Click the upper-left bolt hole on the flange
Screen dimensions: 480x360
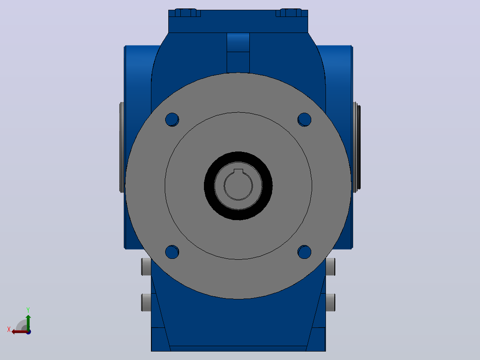click(x=172, y=119)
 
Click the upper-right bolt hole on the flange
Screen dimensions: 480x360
click(x=304, y=119)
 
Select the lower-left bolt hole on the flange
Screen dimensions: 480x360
click(x=172, y=252)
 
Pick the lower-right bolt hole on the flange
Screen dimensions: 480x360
click(x=304, y=252)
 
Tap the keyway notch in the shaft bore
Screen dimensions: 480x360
click(x=238, y=171)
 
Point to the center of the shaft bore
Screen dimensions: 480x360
click(x=238, y=186)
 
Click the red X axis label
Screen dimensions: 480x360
click(x=9, y=329)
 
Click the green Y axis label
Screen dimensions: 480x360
click(x=28, y=310)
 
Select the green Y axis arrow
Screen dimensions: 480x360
click(x=28, y=323)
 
